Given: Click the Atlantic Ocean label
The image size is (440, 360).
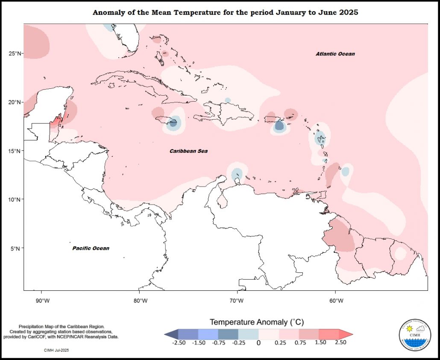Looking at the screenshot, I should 335,54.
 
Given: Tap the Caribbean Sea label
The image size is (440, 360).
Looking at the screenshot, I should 188,151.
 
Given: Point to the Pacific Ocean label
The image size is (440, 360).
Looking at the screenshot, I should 91,248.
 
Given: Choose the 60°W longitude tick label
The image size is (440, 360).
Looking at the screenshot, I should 336,301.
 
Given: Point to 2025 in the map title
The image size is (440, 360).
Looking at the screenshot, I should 347,13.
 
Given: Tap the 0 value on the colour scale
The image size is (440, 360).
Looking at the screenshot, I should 258,342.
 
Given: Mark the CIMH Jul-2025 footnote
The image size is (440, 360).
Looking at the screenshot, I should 56,350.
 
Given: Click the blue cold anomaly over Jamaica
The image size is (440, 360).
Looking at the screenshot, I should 173,123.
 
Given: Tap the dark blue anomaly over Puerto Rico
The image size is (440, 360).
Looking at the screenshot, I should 279,126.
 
